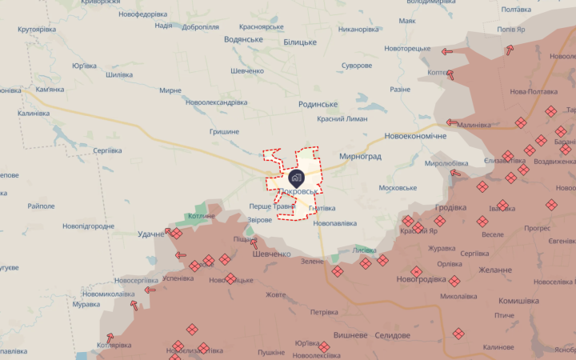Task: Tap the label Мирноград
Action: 361,158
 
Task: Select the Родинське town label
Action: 318,104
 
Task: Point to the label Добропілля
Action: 189,26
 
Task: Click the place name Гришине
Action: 224,131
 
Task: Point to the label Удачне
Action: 151,233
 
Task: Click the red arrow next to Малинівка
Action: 452,123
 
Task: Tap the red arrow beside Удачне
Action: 170,232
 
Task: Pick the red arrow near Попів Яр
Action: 510,51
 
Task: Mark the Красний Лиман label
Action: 342,118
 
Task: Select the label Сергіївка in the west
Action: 106,150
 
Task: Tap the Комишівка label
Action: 518,301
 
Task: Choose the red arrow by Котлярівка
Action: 110,338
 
